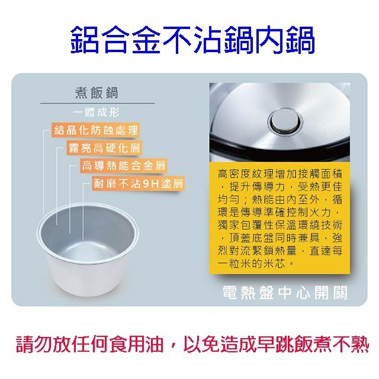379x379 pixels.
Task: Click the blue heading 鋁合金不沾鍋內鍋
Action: (192, 40)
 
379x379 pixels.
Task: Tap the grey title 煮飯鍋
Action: (97, 93)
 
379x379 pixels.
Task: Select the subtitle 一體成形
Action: (96, 112)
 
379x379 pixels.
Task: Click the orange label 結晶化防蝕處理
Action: (96, 130)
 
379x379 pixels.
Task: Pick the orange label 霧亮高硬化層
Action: (104, 147)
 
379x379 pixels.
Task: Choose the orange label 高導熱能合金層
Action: (124, 166)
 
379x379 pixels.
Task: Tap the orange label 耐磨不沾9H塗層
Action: (138, 184)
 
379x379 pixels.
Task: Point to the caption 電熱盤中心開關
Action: (285, 293)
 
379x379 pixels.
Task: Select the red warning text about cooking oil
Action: (192, 344)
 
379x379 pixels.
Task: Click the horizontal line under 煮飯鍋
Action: (97, 103)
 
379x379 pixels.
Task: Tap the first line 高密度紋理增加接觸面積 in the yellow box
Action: (280, 174)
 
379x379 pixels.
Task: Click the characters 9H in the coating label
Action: (151, 184)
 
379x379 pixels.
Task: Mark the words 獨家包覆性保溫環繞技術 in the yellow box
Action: (280, 225)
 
